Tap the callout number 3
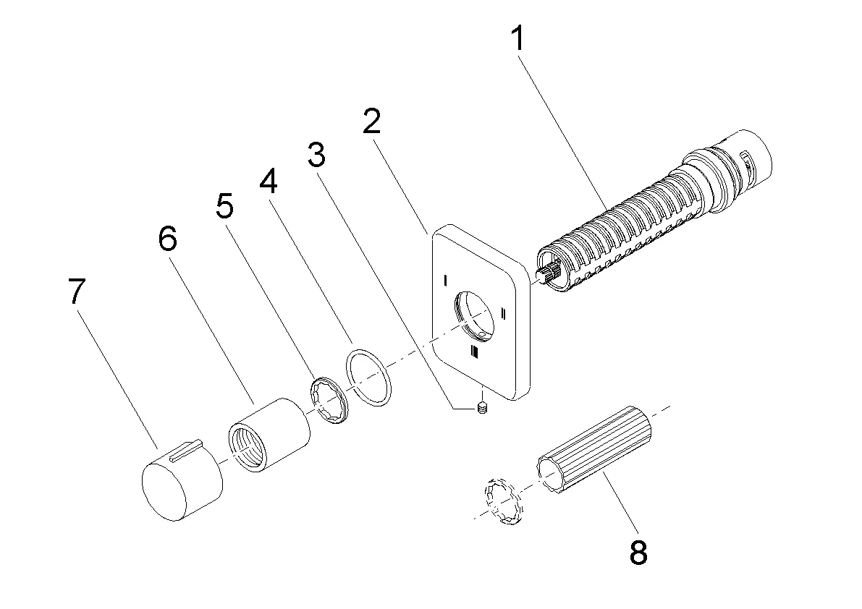pos(316,155)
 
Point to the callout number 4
pos(269,182)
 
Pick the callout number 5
pos(224,208)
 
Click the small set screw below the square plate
pos(483,411)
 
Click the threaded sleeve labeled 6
pos(269,434)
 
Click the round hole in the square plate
pos(474,315)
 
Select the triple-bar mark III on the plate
pos(474,352)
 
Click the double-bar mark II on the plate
pos(503,313)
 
